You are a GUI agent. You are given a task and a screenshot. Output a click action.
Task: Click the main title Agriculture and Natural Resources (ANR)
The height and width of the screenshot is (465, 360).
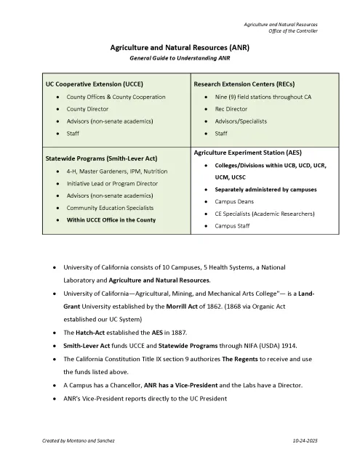click(180, 46)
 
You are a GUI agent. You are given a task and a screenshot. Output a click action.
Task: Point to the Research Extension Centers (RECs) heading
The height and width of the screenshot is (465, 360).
click(244, 84)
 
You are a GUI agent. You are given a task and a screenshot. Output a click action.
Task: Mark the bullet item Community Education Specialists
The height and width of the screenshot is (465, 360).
click(109, 208)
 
